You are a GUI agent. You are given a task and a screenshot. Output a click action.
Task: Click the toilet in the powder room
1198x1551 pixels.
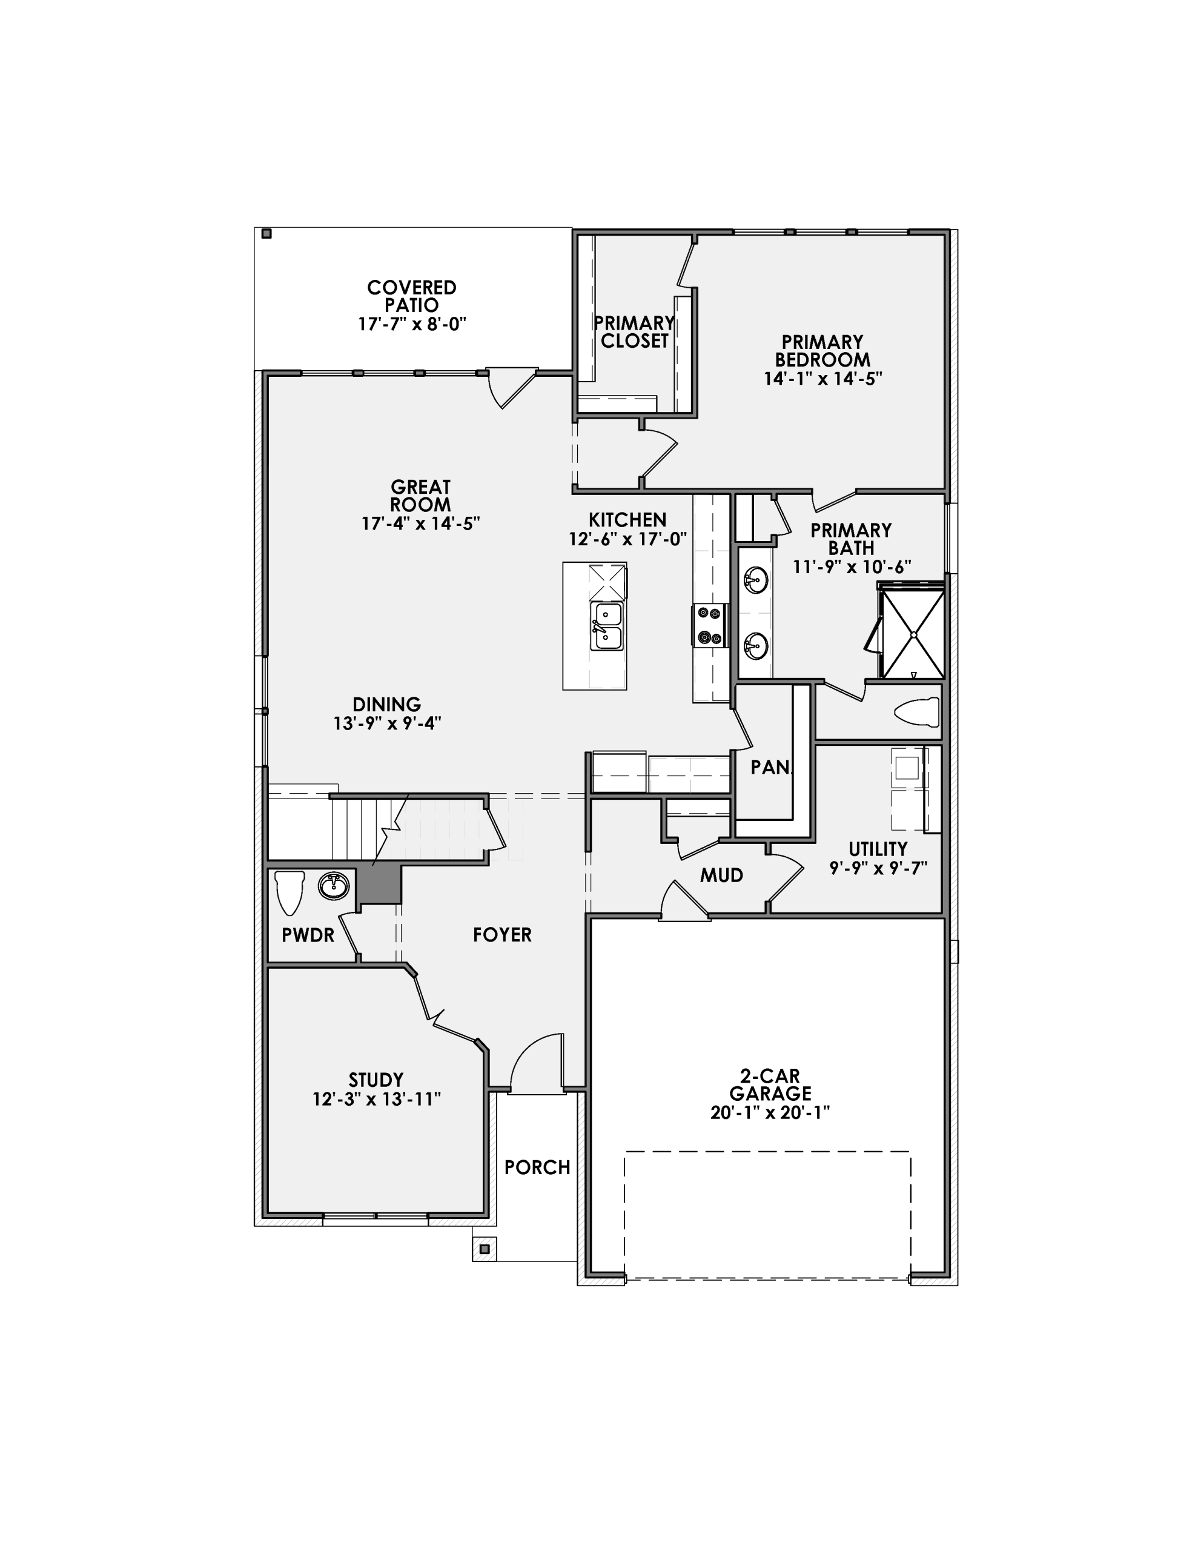pyautogui.click(x=289, y=892)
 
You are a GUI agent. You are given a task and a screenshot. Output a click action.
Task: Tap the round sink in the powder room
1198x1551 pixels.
pyautogui.click(x=333, y=886)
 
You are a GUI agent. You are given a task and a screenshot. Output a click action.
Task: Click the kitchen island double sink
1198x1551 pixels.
pyautogui.click(x=607, y=626)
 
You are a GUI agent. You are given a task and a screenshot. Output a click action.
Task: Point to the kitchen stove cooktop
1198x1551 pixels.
pyautogui.click(x=709, y=625)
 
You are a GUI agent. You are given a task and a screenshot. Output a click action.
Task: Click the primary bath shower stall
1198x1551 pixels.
pyautogui.click(x=913, y=631)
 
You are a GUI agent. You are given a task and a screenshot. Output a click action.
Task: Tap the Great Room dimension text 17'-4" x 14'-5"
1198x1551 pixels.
pyautogui.click(x=420, y=524)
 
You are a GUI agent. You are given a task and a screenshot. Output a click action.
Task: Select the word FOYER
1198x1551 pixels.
pyautogui.click(x=502, y=935)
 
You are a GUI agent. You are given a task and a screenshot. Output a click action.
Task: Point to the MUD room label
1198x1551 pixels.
pyautogui.click(x=721, y=875)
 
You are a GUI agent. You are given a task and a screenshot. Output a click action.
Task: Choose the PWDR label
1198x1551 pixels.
pyautogui.click(x=308, y=936)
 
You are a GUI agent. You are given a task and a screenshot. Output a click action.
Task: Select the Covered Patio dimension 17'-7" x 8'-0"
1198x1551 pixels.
pyautogui.click(x=412, y=325)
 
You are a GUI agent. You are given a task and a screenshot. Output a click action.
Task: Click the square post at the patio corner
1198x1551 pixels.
pyautogui.click(x=266, y=234)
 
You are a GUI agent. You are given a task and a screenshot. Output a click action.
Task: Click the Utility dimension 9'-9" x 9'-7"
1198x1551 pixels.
pyautogui.click(x=878, y=868)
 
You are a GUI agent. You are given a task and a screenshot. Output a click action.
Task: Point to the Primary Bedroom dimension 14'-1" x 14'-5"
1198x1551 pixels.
pyautogui.click(x=822, y=379)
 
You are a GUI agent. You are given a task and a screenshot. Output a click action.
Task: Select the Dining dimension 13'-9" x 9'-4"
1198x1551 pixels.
pyautogui.click(x=387, y=723)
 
